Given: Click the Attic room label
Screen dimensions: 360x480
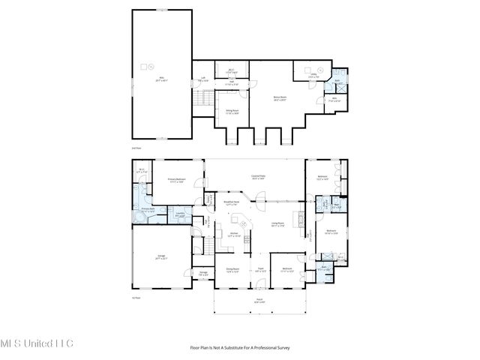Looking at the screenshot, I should (x=160, y=77).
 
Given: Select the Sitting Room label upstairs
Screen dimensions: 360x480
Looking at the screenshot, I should (x=232, y=112).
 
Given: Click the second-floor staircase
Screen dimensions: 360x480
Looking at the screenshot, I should (x=200, y=99).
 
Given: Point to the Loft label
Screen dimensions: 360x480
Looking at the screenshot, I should (x=203, y=78).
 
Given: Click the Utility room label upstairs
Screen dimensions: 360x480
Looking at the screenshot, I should (x=314, y=75).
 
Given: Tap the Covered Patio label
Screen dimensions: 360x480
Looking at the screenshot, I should (x=257, y=178).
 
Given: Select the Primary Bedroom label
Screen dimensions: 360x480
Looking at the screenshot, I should (x=176, y=181).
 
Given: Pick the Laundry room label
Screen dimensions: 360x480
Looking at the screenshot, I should (x=181, y=216).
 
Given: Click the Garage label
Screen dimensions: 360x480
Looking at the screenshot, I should (x=163, y=257).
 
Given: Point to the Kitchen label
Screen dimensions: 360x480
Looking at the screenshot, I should (x=233, y=235).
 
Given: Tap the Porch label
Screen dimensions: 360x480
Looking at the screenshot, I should (x=259, y=301).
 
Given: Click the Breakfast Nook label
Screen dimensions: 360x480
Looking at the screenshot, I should (x=232, y=203).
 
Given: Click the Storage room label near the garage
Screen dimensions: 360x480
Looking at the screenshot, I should (x=203, y=274).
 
